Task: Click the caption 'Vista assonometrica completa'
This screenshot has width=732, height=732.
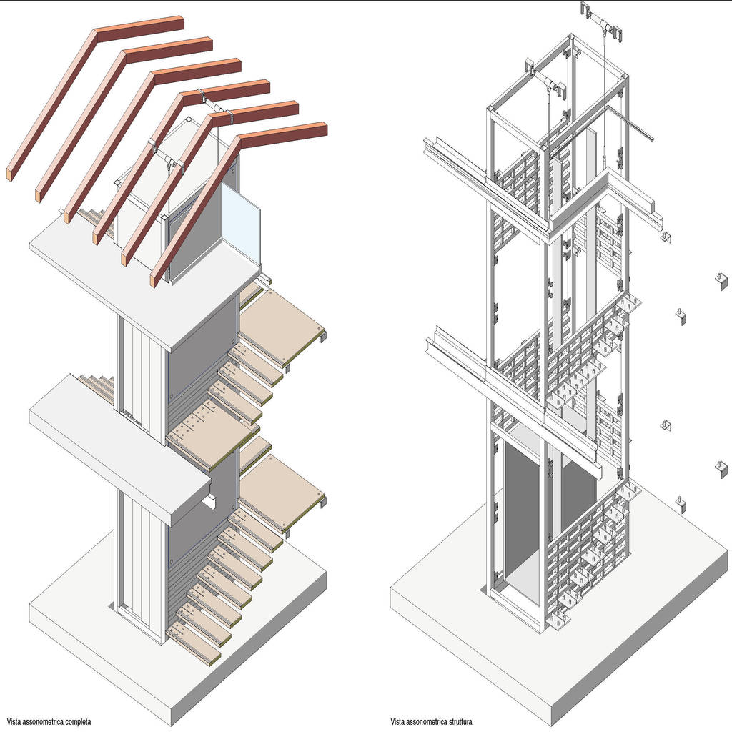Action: [49, 722]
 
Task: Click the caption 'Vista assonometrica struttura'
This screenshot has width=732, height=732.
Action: [431, 722]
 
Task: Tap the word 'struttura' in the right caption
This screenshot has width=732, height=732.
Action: [458, 722]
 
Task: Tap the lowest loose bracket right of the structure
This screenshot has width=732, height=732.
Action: [681, 504]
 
